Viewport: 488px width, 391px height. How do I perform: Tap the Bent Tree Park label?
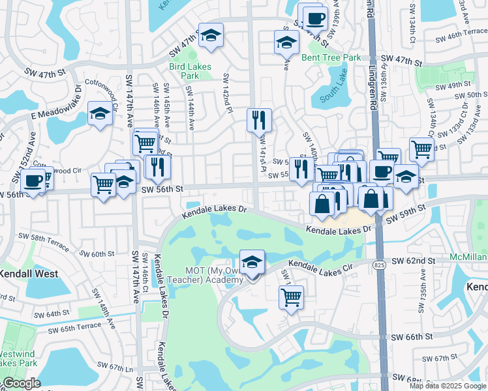coord(331,57)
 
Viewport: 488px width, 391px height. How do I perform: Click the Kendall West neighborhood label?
coord(29,274)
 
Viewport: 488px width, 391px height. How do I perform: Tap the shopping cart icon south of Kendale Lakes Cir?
coord(291,298)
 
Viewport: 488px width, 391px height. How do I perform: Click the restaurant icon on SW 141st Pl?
coord(259,119)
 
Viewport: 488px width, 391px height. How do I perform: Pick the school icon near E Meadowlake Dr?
coord(100,113)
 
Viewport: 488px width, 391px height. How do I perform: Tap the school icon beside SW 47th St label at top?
coord(211,36)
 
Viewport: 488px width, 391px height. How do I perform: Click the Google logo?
coord(21,383)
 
